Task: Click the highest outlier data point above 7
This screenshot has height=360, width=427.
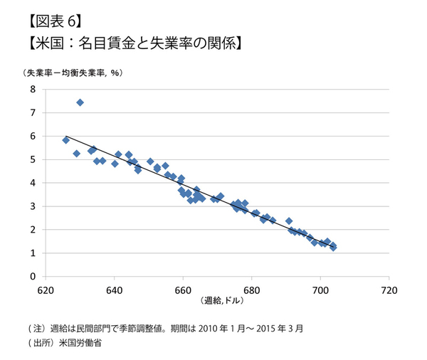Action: (80, 102)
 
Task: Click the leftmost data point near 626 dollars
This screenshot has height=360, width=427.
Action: (66, 140)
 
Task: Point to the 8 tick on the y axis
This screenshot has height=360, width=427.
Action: (31, 89)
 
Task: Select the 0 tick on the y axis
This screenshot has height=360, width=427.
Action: (31, 277)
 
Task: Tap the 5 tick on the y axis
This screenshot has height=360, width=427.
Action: (31, 159)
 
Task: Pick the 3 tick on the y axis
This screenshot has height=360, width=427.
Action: (31, 206)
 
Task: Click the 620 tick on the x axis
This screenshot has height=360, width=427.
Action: (46, 290)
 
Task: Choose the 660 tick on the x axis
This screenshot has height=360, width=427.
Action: (183, 290)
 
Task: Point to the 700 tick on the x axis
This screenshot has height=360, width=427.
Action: (320, 290)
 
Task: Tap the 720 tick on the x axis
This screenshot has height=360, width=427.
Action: (389, 290)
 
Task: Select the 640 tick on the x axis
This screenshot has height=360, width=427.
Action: (115, 290)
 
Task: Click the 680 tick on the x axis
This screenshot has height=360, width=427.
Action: (251, 290)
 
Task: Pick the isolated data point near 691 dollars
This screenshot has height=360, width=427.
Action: (289, 221)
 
